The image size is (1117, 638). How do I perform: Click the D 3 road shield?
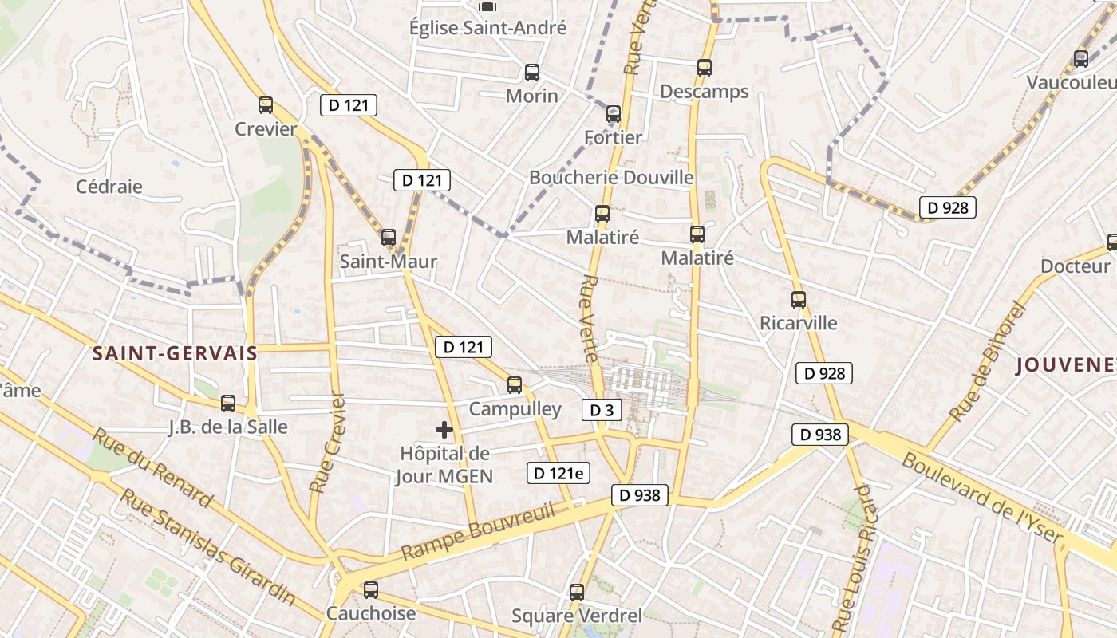602,410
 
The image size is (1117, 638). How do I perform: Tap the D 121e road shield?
558,473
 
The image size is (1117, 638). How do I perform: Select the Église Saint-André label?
487,28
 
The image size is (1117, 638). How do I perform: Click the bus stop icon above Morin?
532,73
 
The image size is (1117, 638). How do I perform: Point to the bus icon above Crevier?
266,105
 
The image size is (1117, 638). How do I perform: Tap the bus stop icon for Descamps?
704,68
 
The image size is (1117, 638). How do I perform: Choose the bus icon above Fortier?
613,114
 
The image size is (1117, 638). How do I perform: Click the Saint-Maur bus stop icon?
389,238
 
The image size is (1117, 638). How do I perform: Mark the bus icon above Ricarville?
799,300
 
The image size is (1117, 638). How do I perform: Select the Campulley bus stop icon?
515,385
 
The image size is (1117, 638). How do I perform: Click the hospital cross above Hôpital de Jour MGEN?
444,431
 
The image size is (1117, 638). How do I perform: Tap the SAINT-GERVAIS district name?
175,353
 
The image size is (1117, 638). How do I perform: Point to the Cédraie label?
109,187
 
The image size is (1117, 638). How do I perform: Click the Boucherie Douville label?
611,177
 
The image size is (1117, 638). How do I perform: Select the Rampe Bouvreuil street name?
478,532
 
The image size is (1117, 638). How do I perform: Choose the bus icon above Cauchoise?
371,590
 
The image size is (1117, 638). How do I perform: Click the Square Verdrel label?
577,616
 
